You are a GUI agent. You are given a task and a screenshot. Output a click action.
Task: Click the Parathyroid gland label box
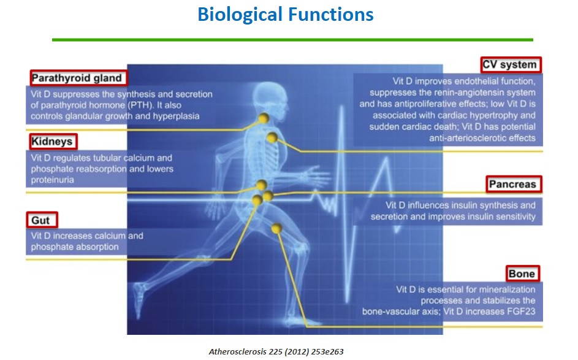[x=79, y=78]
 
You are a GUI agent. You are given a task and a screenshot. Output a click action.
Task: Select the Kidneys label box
[x=53, y=141]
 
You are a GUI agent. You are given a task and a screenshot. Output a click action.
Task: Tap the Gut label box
[x=42, y=220]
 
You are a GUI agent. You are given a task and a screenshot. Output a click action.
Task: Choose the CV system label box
[x=511, y=64]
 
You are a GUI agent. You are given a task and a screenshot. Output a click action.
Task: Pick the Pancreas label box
[x=514, y=184]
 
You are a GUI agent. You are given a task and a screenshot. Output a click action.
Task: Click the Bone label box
[x=523, y=274]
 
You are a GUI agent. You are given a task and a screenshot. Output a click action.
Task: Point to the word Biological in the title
[x=240, y=15]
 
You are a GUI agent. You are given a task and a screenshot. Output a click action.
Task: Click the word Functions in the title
[x=330, y=14]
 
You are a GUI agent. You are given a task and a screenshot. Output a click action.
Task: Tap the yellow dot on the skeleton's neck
[x=263, y=118]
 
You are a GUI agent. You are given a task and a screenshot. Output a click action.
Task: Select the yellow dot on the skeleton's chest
[x=272, y=137]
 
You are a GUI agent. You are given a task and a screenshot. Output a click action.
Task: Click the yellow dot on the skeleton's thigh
[x=276, y=228]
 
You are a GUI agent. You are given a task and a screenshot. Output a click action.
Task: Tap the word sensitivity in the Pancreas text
[x=516, y=216]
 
